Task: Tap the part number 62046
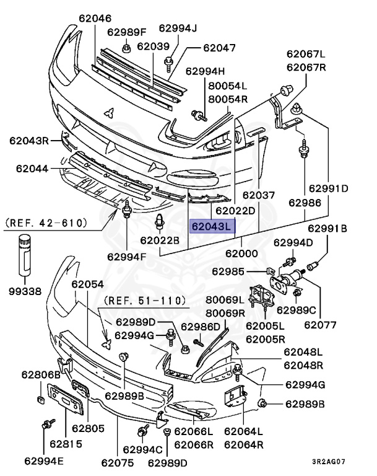pos(95,19)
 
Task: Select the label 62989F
pos(126,32)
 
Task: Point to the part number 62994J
pos(177,28)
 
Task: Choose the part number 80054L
pos(227,87)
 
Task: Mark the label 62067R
pos(306,67)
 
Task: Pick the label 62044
pos(32,169)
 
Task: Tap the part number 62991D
pos(329,188)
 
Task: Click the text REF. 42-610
pos(46,222)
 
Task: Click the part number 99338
pos(25,291)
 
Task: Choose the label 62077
pos(320,323)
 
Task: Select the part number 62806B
pos(41,375)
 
